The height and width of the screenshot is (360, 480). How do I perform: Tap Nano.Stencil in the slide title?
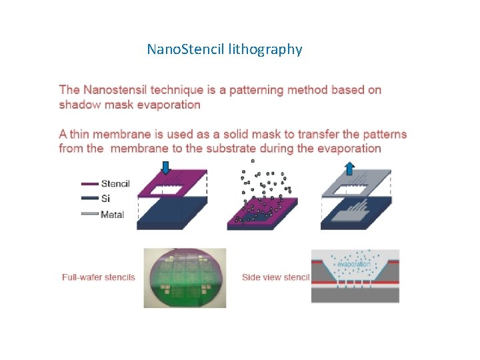185,49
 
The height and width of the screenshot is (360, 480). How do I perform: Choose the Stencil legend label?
115,183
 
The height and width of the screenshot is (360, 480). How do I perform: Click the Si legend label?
106,198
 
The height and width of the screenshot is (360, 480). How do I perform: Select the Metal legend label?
112,214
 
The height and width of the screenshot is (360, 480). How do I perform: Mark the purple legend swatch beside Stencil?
89,184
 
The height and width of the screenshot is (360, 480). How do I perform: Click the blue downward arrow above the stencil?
166,167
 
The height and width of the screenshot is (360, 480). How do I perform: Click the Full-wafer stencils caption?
99,277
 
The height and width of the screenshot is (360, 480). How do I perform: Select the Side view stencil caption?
276,277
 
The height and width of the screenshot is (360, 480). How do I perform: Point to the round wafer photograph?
185,277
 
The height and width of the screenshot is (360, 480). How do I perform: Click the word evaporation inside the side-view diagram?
353,265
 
